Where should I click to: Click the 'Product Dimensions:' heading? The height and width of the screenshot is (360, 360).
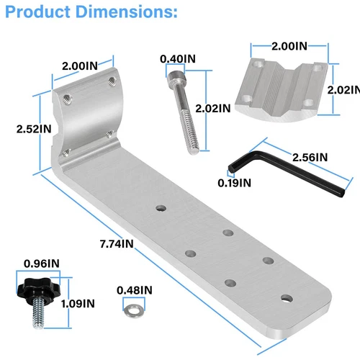pyautogui.click(x=89, y=13)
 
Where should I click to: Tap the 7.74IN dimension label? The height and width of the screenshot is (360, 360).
pyautogui.click(x=117, y=243)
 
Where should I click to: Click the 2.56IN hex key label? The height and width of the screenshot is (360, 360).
pyautogui.click(x=309, y=157)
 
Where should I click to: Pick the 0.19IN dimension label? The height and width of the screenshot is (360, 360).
pyautogui.click(x=235, y=183)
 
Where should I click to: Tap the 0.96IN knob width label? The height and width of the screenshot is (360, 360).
pyautogui.click(x=41, y=263)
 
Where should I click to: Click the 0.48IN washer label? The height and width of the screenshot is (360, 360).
pyautogui.click(x=135, y=290)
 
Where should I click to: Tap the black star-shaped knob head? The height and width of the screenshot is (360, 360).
pyautogui.click(x=35, y=288)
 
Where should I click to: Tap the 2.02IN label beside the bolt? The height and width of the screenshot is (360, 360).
pyautogui.click(x=215, y=109)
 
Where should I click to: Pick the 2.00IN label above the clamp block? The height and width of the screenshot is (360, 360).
pyautogui.click(x=289, y=46)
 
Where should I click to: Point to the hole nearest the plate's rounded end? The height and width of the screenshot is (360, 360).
pyautogui.click(x=287, y=297)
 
